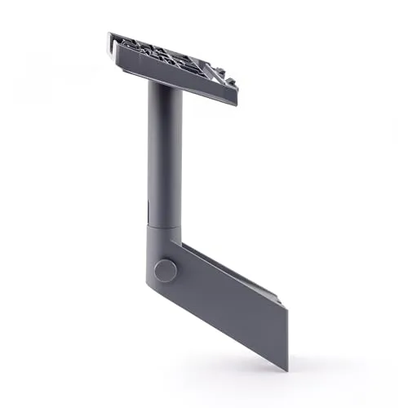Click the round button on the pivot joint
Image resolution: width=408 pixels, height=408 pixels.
[166, 271]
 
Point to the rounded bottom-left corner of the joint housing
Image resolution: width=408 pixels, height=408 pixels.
[153, 289]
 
